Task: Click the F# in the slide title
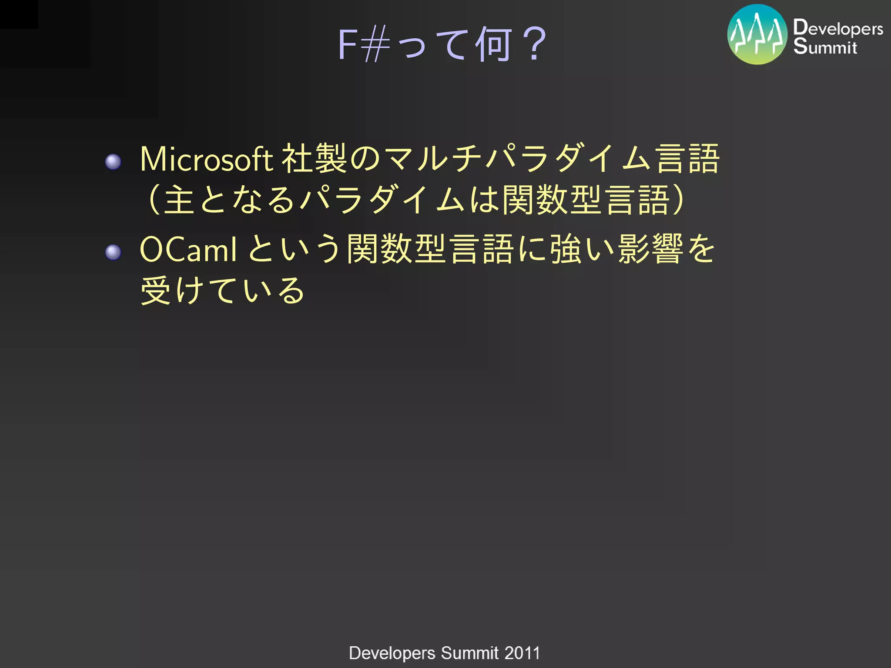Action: click(364, 44)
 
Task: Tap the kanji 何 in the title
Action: click(493, 44)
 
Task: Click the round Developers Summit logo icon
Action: click(757, 35)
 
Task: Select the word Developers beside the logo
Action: click(838, 29)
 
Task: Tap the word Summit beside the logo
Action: click(825, 47)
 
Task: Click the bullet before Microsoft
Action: click(113, 162)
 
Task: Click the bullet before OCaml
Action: click(113, 252)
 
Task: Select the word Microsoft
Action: click(206, 159)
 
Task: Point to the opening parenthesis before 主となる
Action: click(154, 200)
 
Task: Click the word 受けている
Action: click(222, 291)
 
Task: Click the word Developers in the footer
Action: click(392, 653)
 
